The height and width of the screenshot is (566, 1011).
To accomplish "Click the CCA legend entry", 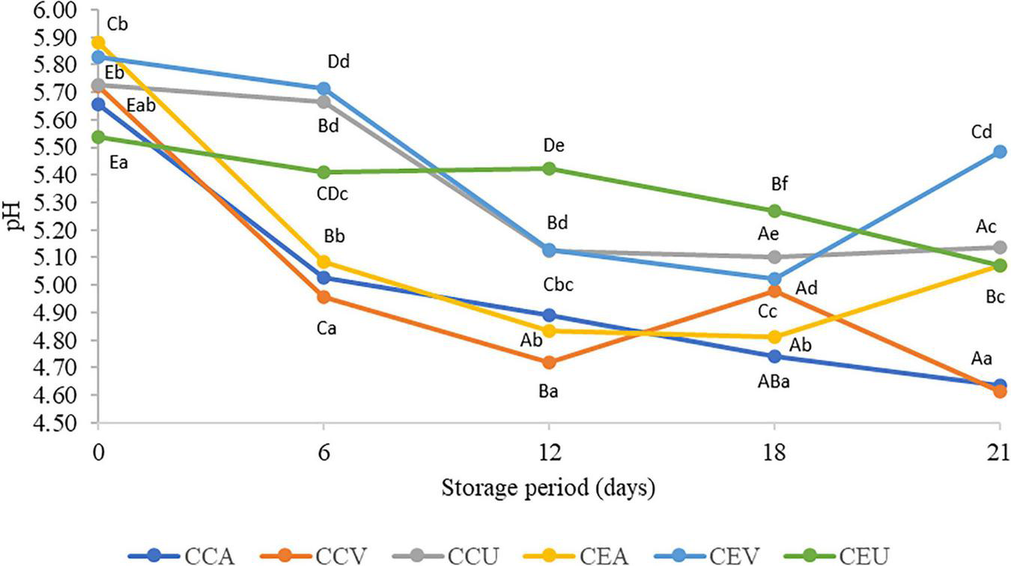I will click(183, 556).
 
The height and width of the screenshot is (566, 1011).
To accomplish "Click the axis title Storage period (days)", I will click(549, 488).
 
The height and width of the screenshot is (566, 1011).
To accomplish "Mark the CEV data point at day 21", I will click(999, 151).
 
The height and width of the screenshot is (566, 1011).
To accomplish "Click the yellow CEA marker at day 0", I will click(98, 43).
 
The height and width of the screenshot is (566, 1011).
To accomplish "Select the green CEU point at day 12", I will click(549, 168).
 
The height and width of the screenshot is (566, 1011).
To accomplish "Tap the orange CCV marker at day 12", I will click(549, 362).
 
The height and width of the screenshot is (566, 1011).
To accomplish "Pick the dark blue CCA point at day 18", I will click(774, 356).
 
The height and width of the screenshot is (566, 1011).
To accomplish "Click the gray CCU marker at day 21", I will click(999, 247).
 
